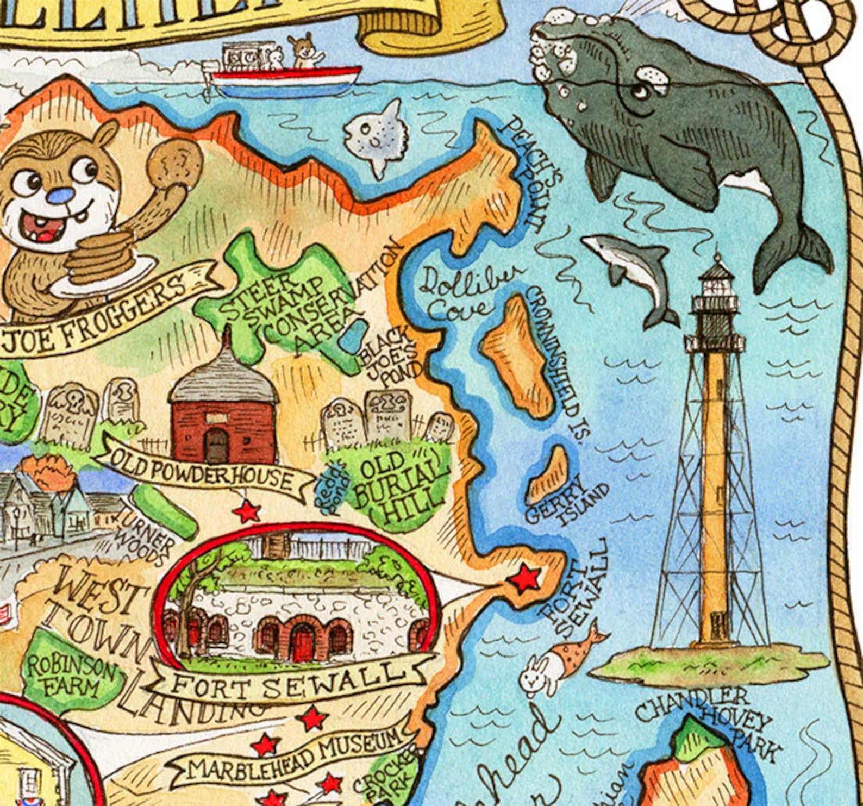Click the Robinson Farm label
coord(71,674)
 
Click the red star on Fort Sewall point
coord(524,579)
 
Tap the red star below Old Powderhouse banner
coord(248,511)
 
